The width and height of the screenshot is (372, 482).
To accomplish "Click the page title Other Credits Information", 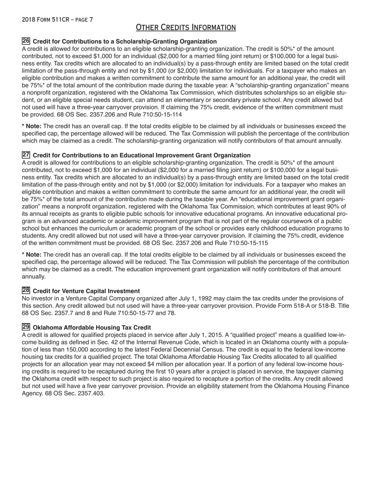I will (x=186, y=27).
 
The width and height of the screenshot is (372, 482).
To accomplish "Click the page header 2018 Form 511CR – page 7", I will (x=57, y=19).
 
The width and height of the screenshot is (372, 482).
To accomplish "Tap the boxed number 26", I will (x=26, y=41).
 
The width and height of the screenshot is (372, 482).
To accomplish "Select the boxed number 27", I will (x=26, y=155).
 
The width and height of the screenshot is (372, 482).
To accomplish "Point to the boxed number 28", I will (x=26, y=290).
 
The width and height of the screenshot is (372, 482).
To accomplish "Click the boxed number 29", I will (x=26, y=327).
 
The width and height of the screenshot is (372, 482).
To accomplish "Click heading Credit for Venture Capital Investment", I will (x=86, y=291).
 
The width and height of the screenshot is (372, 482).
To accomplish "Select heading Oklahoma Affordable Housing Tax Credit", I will (x=92, y=328).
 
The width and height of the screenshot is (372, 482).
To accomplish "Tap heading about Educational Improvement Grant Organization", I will (x=141, y=156).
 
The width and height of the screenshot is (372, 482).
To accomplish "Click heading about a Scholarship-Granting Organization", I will (x=125, y=42).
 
